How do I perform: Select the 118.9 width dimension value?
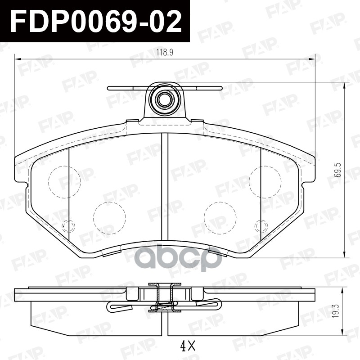click(165, 53)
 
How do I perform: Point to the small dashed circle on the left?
click(68, 226)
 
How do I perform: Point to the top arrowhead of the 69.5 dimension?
click(345, 86)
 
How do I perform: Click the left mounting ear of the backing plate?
click(20, 169)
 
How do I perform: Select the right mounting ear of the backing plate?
click(310, 169)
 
